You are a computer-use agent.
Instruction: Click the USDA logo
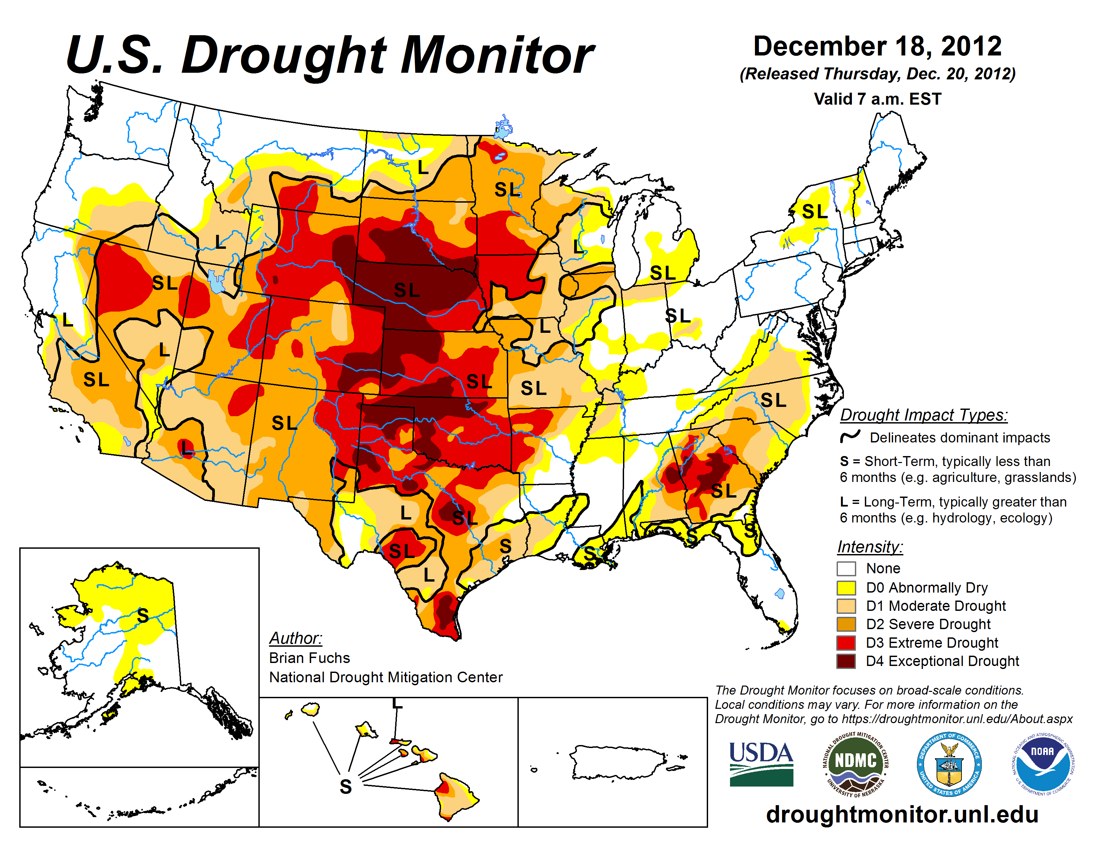761,764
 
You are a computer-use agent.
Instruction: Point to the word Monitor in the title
497,55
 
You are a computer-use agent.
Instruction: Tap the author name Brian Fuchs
309,658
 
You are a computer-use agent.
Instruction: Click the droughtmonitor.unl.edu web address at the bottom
902,814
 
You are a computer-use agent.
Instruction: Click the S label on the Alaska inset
143,615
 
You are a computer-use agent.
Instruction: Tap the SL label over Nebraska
407,290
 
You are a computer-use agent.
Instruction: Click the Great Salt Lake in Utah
217,281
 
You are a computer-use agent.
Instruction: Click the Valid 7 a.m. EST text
877,99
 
